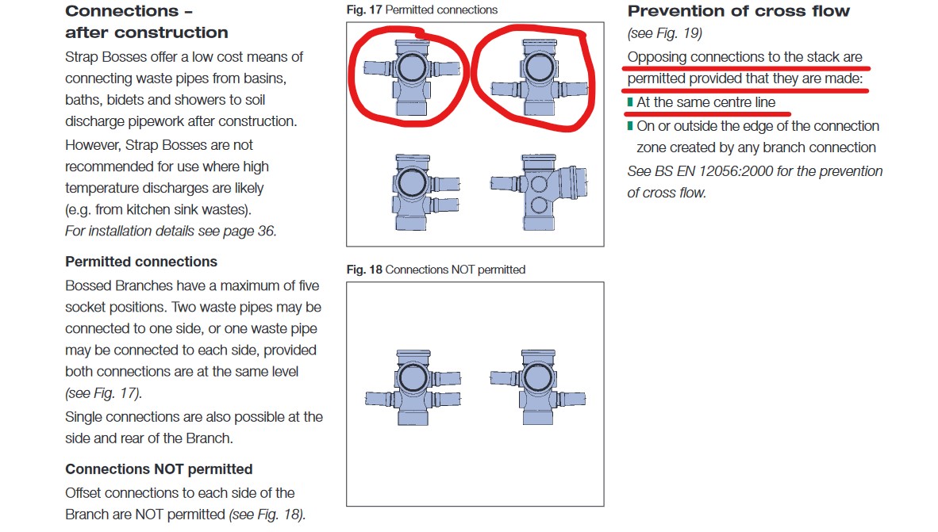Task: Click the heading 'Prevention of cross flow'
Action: (738, 11)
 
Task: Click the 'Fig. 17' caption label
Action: (363, 10)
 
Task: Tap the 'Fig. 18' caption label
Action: (363, 270)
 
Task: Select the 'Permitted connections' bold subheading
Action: (141, 262)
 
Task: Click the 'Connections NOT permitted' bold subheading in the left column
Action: (159, 469)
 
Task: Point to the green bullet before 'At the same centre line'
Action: (630, 102)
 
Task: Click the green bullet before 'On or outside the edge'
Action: (630, 126)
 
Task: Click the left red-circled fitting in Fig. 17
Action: (412, 76)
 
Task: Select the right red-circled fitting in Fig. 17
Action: (539, 77)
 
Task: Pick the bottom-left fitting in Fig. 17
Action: (425, 192)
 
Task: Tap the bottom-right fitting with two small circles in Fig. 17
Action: (538, 192)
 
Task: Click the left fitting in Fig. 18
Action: (413, 388)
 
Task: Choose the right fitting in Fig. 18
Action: (538, 387)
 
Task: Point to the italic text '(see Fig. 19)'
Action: (665, 33)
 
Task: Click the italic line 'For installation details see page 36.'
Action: (171, 232)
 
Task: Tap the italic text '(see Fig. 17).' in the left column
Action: (103, 393)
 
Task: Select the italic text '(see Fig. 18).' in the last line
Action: (267, 515)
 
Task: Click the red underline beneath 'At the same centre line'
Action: (706, 113)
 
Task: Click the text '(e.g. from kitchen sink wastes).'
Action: (159, 210)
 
